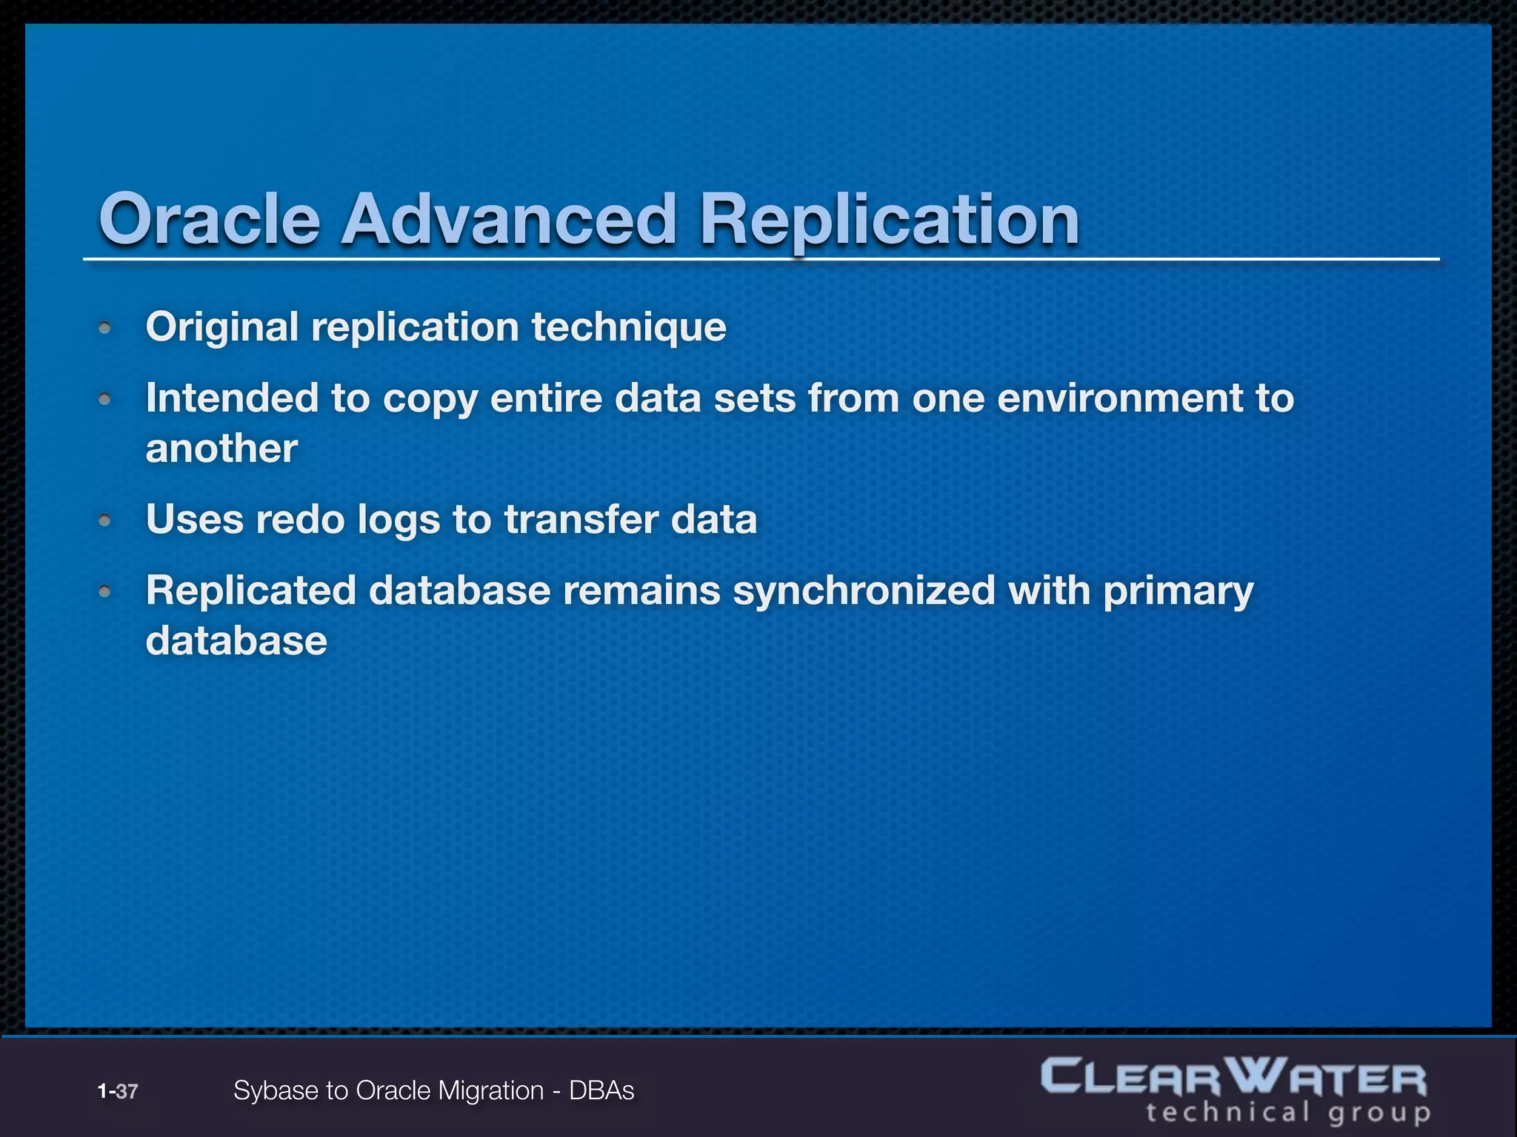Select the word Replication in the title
tap(889, 220)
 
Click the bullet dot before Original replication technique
tap(105, 327)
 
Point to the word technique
tap(629, 327)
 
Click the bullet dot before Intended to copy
tap(105, 399)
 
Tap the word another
tap(221, 449)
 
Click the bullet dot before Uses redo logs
tap(105, 520)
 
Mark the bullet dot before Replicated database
tap(105, 591)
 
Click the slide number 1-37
tap(118, 1091)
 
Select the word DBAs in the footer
tap(601, 1091)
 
